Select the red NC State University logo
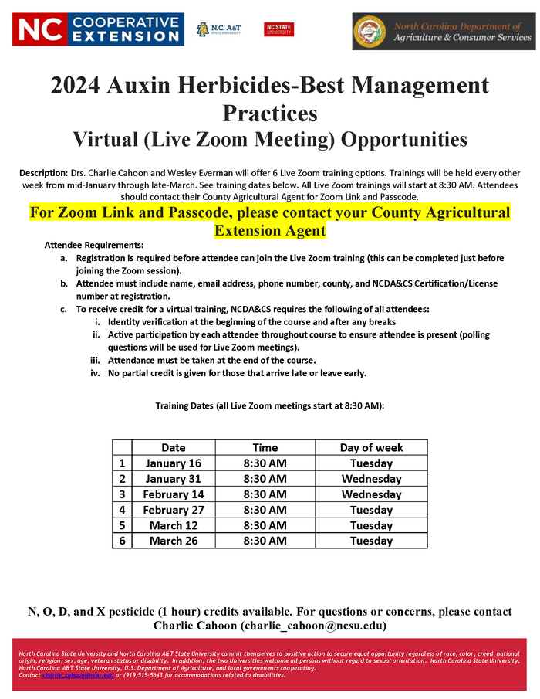[x=278, y=29]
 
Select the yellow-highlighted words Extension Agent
[x=269, y=230]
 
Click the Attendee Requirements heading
[x=89, y=244]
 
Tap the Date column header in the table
[x=174, y=447]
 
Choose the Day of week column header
[x=371, y=447]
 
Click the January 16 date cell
[x=174, y=463]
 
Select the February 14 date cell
[x=174, y=494]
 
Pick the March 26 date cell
[x=174, y=541]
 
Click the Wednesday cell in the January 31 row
[x=371, y=479]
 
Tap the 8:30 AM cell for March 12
[x=265, y=525]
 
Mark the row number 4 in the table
[x=122, y=510]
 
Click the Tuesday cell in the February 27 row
[x=371, y=510]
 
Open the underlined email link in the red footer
[x=78, y=675]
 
